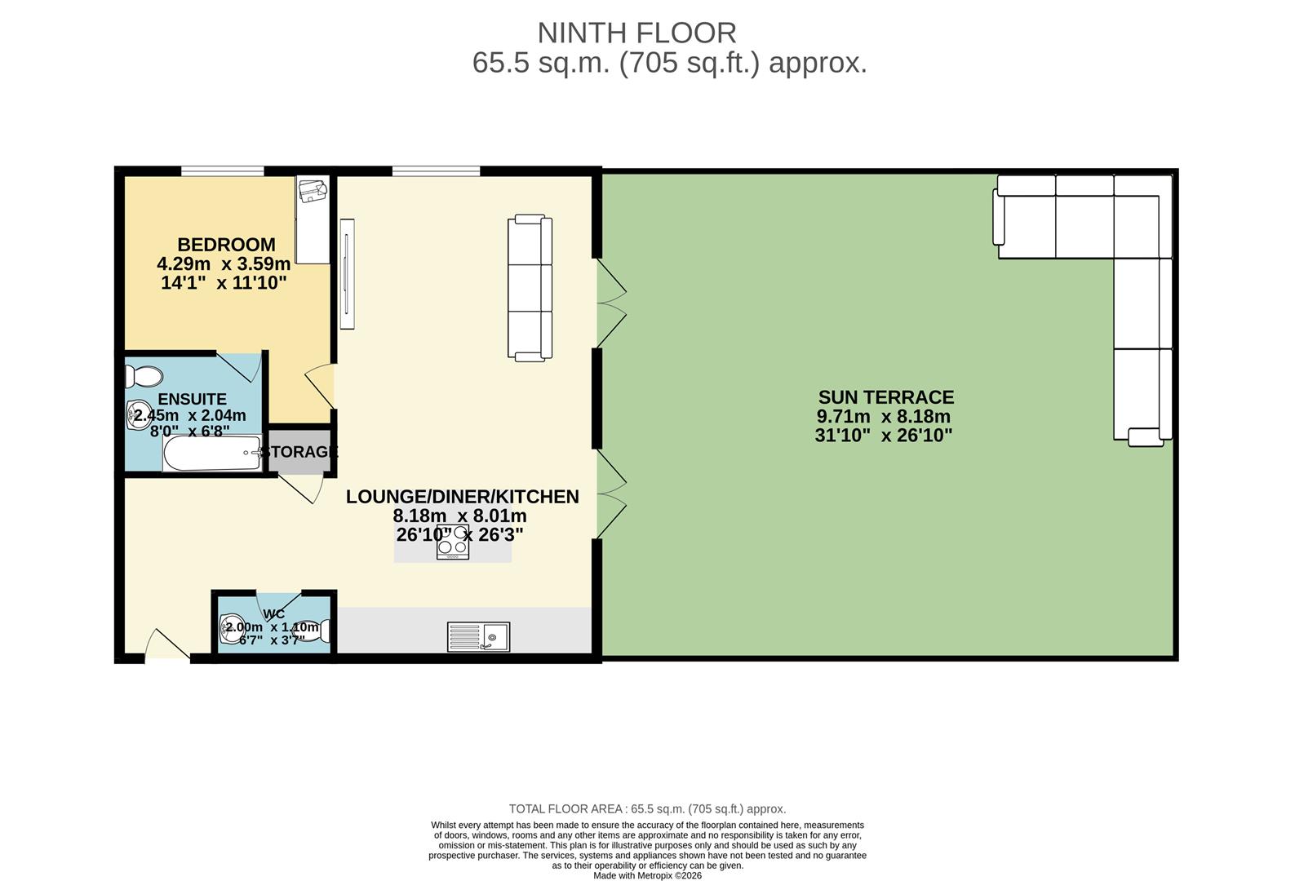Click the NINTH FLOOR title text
(x=636, y=33)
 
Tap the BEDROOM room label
(x=226, y=245)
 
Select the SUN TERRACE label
(x=885, y=397)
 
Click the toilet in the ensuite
(x=144, y=377)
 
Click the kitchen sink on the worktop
(x=478, y=636)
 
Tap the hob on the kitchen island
(x=452, y=543)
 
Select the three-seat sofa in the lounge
(x=530, y=287)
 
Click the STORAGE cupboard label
(x=299, y=452)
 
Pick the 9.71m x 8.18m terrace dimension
(x=884, y=417)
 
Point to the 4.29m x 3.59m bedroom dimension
(x=224, y=264)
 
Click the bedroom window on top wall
(x=222, y=170)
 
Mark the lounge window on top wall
(x=436, y=170)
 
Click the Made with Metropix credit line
(x=647, y=876)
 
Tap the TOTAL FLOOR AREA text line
(x=647, y=809)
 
